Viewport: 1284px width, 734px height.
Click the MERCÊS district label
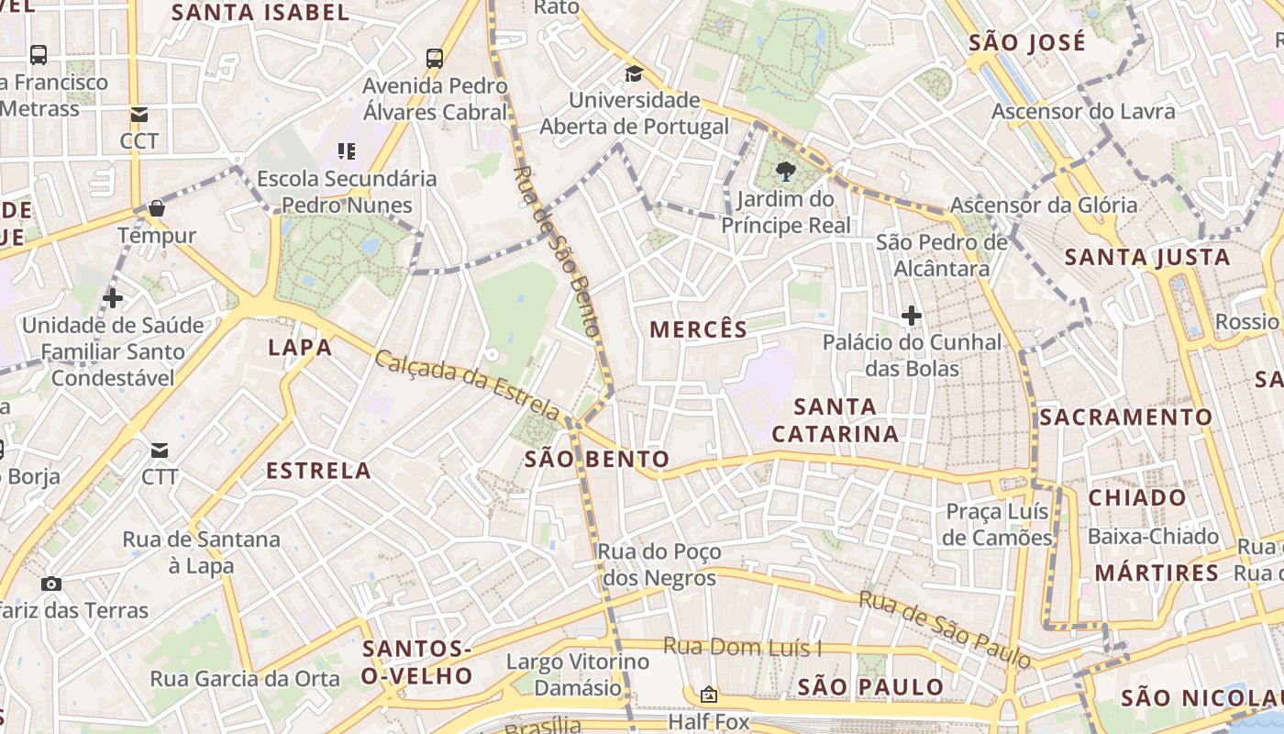(698, 329)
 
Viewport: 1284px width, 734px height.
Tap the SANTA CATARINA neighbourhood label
(834, 420)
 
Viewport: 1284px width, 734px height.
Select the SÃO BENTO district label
(596, 459)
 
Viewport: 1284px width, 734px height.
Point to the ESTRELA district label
(318, 472)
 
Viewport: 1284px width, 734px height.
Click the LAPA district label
(300, 347)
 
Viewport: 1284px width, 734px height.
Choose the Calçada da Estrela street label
(466, 384)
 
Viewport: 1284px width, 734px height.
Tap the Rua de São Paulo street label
(944, 628)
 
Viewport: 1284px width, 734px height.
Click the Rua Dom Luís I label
(742, 647)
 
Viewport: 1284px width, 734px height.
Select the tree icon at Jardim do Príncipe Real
(785, 171)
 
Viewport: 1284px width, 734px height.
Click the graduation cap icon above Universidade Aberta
(634, 73)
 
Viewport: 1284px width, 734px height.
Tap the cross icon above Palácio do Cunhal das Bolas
(911, 317)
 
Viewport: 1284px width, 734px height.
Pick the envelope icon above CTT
(160, 450)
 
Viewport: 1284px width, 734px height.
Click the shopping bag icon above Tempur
(157, 208)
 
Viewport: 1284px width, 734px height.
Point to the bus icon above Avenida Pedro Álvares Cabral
(435, 59)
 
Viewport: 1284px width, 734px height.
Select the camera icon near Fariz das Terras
(51, 584)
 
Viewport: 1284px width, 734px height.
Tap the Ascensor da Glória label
(1043, 205)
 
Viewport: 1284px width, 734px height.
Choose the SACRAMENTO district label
(1125, 417)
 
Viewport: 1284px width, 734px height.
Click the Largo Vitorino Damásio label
(578, 674)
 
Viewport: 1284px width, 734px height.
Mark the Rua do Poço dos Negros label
(659, 565)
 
